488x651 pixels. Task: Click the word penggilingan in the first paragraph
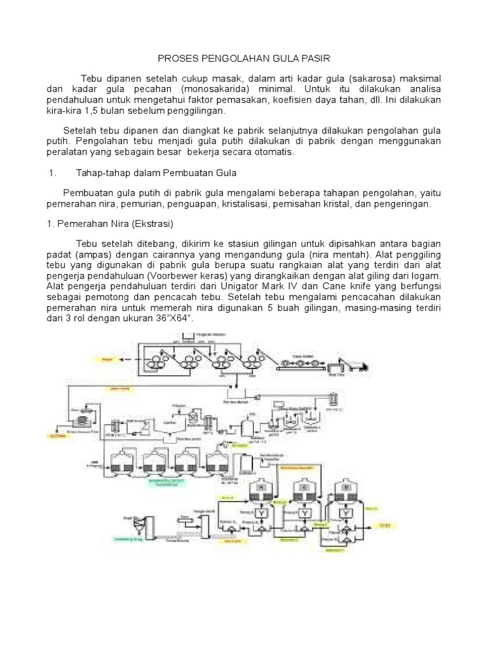[198, 111]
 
